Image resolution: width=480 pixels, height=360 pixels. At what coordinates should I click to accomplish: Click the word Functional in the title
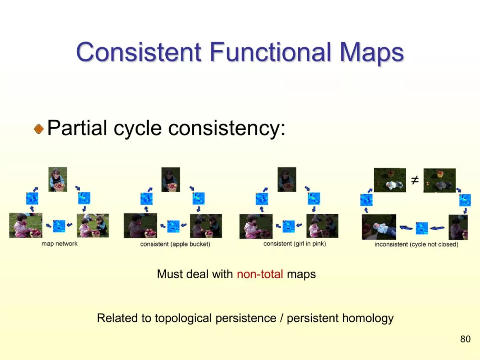click(271, 52)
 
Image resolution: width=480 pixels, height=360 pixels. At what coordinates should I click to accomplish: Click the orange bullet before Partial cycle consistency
click(39, 128)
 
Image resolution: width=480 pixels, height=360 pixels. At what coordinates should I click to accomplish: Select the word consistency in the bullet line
click(227, 128)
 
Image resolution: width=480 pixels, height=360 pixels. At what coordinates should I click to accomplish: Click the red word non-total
click(260, 274)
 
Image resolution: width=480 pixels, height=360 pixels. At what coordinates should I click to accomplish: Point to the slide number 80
click(465, 339)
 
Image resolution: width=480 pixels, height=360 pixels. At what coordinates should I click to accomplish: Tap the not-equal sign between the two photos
click(415, 180)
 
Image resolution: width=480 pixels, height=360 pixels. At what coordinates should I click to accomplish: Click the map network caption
click(60, 244)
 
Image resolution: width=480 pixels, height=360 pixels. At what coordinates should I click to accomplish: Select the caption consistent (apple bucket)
click(175, 244)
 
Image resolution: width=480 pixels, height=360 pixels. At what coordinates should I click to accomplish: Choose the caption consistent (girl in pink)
click(295, 244)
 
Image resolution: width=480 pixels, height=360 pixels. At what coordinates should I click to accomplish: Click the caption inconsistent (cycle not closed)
click(416, 244)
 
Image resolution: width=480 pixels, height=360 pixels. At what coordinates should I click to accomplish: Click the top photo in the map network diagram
click(58, 180)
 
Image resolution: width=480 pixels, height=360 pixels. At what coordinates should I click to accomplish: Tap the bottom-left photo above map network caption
click(26, 225)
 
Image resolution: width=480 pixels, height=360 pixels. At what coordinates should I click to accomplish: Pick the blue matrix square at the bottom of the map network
click(59, 226)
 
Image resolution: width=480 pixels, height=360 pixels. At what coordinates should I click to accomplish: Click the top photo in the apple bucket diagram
click(171, 180)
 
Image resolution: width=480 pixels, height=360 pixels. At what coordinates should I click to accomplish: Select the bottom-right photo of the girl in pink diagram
click(322, 226)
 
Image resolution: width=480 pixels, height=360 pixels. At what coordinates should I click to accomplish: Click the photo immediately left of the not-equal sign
click(390, 180)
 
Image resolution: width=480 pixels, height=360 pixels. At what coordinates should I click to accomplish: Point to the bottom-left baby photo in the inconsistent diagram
click(379, 227)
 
